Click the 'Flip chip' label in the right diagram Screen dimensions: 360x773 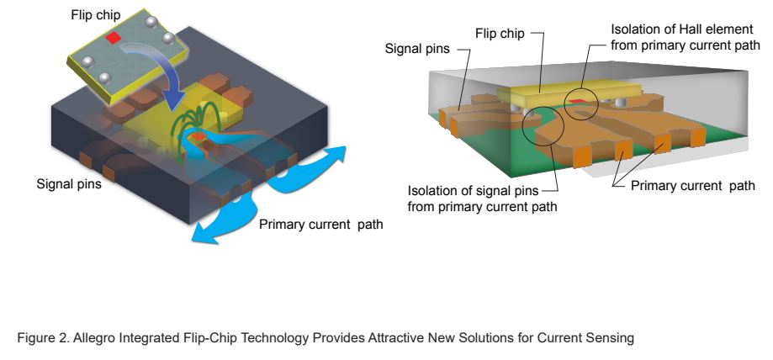pos(501,34)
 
